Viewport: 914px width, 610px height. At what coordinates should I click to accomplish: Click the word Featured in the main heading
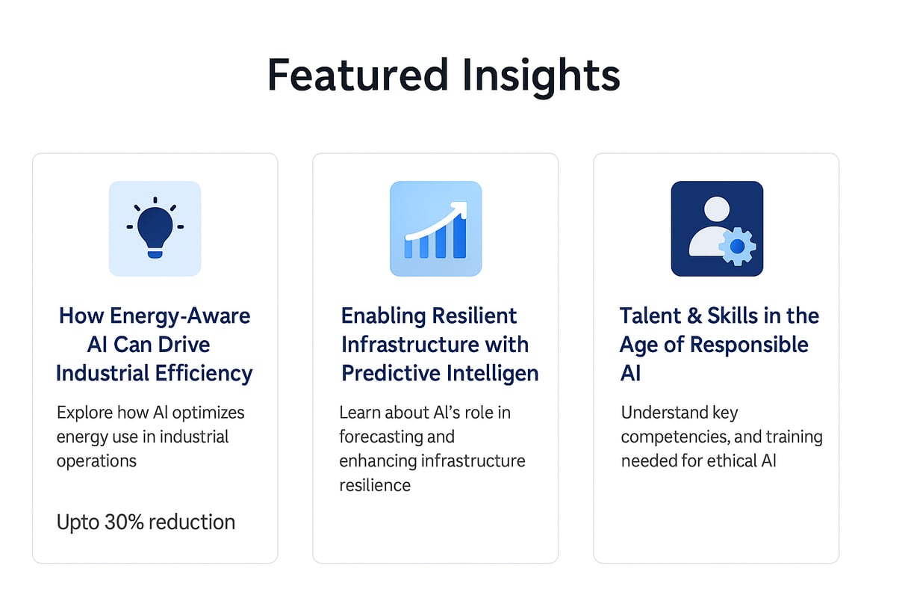click(x=358, y=76)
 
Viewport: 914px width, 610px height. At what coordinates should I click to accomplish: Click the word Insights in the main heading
click(x=541, y=78)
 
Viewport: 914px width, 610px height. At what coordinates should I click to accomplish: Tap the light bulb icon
click(x=155, y=227)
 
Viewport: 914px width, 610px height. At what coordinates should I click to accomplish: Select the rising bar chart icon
click(x=436, y=229)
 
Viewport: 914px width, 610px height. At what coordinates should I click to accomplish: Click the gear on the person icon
click(x=737, y=246)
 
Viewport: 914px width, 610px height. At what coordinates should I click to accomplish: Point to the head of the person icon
click(x=717, y=209)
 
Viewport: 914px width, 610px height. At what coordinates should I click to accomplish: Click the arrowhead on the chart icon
click(x=460, y=209)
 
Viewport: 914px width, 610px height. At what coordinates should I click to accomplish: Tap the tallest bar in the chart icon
click(x=460, y=237)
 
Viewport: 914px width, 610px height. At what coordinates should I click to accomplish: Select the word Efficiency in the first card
click(x=204, y=374)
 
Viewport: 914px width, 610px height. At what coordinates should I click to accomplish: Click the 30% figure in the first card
click(x=124, y=522)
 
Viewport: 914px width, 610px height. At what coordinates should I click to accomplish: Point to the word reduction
click(x=192, y=522)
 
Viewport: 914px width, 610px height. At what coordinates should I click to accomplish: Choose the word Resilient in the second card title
click(x=474, y=315)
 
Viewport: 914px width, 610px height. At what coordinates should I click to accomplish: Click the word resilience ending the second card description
click(x=375, y=485)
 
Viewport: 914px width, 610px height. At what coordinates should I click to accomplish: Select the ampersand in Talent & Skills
click(x=694, y=315)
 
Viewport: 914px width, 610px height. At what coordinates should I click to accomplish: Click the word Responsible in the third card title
click(x=749, y=345)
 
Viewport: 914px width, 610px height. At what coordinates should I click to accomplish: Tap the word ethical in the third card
click(x=731, y=461)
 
